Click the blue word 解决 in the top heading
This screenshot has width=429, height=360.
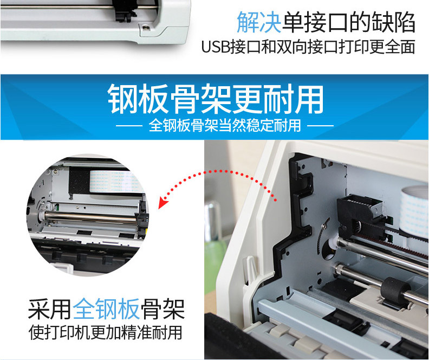[x=259, y=22]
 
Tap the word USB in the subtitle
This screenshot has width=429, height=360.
[x=216, y=47]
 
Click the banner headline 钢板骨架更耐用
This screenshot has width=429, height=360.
[x=216, y=99]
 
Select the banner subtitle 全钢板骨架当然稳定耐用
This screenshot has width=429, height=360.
[x=225, y=126]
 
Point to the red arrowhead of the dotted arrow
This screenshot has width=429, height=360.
[x=163, y=203]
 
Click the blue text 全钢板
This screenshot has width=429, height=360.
[x=106, y=310]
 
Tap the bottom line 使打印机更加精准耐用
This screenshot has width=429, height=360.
[x=105, y=332]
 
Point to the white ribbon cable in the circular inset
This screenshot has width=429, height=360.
[x=114, y=181]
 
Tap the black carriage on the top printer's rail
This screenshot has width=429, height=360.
[x=126, y=10]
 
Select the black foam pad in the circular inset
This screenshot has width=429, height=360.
[x=79, y=180]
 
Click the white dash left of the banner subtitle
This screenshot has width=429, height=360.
[x=129, y=126]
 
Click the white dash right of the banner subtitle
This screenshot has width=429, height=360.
[x=320, y=126]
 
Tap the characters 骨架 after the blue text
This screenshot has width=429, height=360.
[x=163, y=310]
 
